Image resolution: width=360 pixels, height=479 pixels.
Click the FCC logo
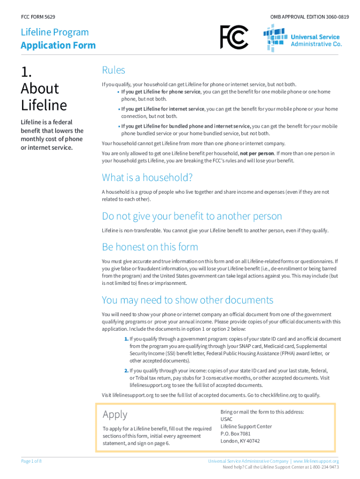coord(234,37)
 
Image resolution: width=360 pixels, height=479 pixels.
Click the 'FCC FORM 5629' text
coord(38,17)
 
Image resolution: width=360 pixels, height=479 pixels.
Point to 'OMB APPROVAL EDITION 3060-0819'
coord(309,17)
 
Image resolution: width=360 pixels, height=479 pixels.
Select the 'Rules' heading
coord(114,70)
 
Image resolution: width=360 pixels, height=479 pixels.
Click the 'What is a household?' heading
coord(147,178)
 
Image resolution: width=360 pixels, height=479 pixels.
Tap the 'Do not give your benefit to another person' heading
coord(192,216)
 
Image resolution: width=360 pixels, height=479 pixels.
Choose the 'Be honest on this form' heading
coord(150,247)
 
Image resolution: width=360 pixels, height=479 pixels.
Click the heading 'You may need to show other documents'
coord(187,300)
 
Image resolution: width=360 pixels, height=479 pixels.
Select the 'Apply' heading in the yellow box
coord(115,414)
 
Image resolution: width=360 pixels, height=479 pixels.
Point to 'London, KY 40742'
coord(240,441)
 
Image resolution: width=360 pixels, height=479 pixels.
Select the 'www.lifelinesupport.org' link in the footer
coord(316,461)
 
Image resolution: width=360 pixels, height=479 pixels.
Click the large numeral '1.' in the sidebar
coord(27,72)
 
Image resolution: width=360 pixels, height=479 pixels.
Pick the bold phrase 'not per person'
coord(257,153)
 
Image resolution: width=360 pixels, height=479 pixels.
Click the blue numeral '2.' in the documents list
coord(126,370)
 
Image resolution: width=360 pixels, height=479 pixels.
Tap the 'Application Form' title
coord(58,45)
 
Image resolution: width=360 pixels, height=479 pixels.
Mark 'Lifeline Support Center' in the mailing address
coord(246,427)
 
